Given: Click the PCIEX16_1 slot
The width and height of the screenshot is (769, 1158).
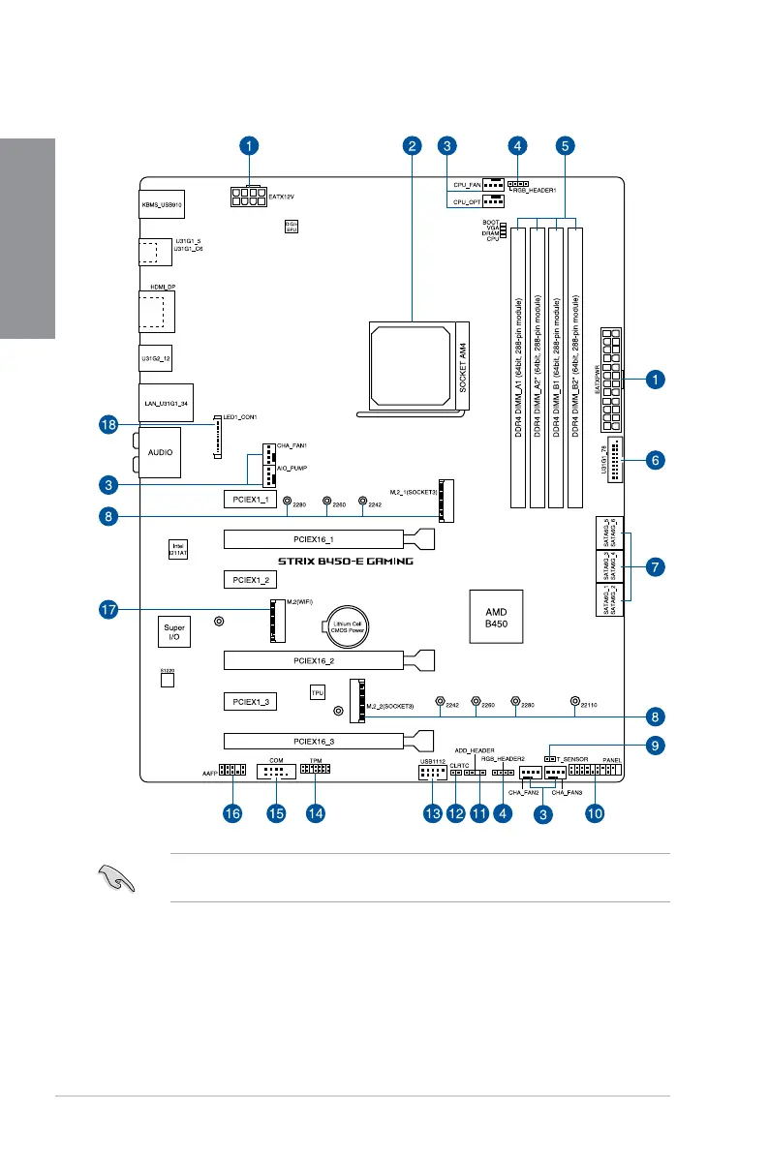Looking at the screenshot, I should (x=315, y=538).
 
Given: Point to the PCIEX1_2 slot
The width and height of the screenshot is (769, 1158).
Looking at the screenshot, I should (x=249, y=580).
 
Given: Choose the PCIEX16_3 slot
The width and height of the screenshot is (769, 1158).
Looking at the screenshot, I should (x=315, y=741).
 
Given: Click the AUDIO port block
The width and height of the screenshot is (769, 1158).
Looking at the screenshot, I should (x=162, y=451).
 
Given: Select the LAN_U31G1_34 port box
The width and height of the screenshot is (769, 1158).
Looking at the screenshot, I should (x=162, y=400).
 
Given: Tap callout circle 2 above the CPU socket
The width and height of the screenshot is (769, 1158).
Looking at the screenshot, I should (x=414, y=146).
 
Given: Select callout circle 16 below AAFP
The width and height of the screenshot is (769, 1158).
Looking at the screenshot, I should (x=231, y=814).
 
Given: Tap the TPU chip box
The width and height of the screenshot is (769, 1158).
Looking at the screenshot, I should (x=317, y=692).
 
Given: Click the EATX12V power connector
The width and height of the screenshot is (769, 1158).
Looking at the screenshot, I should (x=249, y=198).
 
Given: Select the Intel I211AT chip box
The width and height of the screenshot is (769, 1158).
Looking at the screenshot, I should (x=178, y=549).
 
